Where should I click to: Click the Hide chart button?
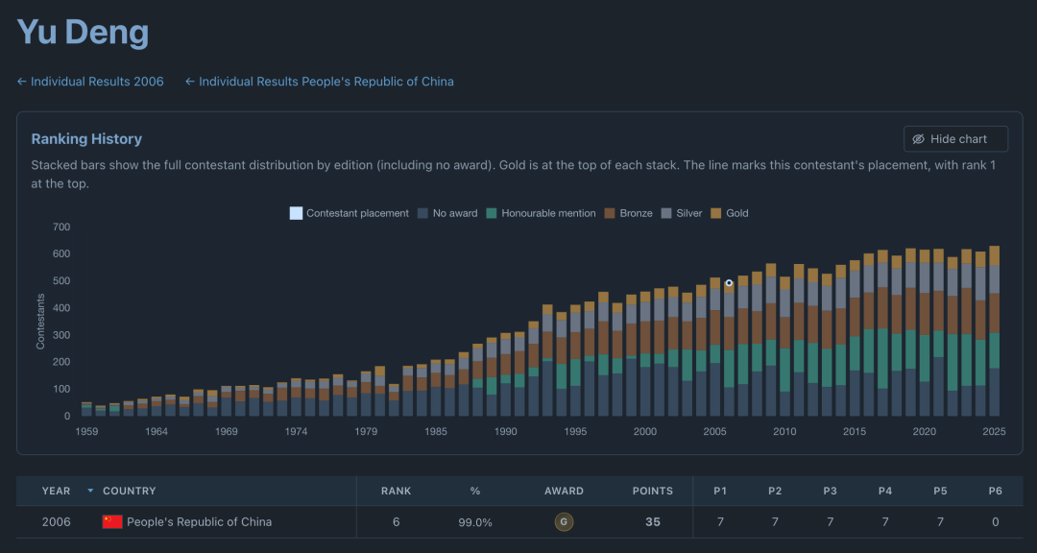tap(955, 139)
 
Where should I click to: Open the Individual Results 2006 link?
tap(90, 82)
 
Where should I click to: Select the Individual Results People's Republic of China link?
tap(320, 82)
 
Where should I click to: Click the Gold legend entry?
tap(730, 213)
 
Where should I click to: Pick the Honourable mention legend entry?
tap(541, 213)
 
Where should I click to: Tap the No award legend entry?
tap(447, 213)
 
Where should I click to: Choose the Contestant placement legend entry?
tap(350, 213)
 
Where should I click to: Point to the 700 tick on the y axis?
tap(60, 227)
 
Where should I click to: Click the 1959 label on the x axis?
tap(86, 431)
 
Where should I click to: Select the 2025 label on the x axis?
tap(994, 431)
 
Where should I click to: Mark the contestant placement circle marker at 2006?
tap(729, 283)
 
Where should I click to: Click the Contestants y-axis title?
tap(41, 322)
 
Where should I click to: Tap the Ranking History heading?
tap(86, 139)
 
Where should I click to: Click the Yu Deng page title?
tap(83, 32)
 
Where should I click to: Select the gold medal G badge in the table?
tap(564, 522)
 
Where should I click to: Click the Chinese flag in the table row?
tap(112, 522)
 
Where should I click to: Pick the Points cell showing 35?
tap(653, 522)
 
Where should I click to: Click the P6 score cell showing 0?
tap(995, 522)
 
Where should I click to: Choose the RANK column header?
tap(397, 491)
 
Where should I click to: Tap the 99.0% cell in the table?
tap(475, 522)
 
